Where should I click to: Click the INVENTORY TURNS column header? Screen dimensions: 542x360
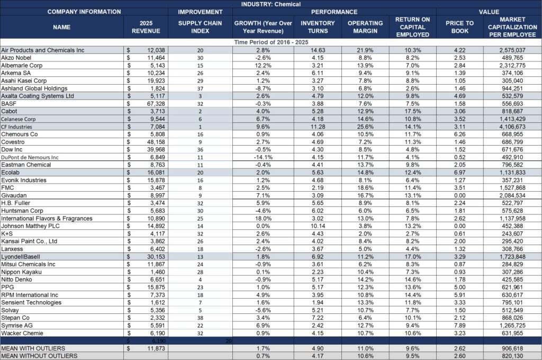click(x=318, y=27)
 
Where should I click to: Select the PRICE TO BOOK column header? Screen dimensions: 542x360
click(x=459, y=27)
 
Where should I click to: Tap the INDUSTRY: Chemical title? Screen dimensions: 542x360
click(x=270, y=4)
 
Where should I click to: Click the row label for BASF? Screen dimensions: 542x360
click(x=8, y=104)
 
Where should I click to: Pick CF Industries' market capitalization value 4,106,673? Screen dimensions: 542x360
click(x=512, y=127)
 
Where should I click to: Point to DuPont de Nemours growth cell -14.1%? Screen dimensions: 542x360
click(x=263, y=157)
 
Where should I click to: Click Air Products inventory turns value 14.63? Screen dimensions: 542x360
click(x=318, y=50)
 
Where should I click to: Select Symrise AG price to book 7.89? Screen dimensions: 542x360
click(x=459, y=326)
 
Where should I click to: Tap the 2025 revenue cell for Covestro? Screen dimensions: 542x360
click(x=146, y=142)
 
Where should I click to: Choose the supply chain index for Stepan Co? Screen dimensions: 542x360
click(x=200, y=318)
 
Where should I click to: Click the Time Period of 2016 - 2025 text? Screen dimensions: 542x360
click(x=271, y=42)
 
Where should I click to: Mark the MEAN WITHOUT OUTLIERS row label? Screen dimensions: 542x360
click(x=39, y=356)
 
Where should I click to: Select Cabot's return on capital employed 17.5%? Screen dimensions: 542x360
click(x=413, y=111)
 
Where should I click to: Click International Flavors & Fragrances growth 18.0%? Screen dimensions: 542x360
click(x=263, y=219)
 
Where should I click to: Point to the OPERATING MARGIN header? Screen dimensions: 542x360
click(x=365, y=27)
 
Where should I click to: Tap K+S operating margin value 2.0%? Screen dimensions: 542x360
click(x=365, y=234)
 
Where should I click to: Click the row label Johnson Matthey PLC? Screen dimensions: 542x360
click(x=30, y=226)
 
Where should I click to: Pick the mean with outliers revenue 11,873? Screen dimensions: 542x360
click(x=146, y=348)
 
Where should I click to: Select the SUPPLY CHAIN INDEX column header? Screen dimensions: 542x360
click(x=200, y=27)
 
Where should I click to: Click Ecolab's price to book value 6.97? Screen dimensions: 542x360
click(x=459, y=173)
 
